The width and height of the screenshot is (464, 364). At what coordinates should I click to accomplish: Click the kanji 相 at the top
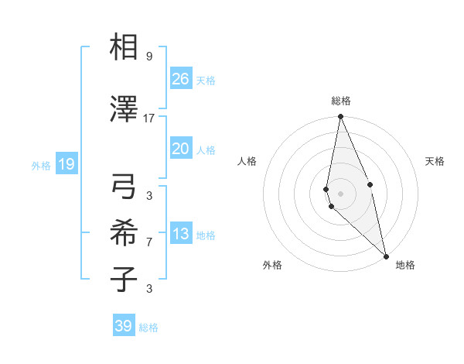point(125,48)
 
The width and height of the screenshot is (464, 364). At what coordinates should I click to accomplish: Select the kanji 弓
point(125,187)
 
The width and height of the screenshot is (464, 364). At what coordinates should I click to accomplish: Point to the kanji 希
point(125,233)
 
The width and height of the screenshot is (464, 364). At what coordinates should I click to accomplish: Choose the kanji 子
point(125,279)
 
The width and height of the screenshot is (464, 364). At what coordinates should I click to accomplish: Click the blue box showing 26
point(180,79)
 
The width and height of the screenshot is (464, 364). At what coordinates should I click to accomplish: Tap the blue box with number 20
point(180,149)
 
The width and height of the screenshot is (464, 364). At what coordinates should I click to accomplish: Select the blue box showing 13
point(180,234)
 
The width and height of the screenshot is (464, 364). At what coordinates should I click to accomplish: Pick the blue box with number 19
point(66,164)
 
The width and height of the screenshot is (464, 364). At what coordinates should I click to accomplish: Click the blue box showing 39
point(123,326)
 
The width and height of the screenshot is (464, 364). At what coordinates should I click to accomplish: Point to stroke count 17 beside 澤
point(149,118)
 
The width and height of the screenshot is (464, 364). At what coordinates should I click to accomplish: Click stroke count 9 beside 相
point(149,57)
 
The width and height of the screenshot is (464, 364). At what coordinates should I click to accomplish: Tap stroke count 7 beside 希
point(149,242)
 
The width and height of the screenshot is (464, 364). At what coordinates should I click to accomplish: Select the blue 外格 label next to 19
point(40,165)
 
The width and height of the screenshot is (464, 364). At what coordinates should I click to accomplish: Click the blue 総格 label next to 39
point(148,328)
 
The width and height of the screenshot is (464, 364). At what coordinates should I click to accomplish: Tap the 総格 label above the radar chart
point(340,101)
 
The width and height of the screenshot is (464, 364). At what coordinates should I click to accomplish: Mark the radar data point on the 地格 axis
point(386,256)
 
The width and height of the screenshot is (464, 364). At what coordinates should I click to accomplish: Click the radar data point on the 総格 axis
point(340,117)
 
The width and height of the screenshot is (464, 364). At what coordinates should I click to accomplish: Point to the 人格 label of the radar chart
point(247,161)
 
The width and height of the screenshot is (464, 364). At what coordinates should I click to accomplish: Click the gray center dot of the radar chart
point(340,193)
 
